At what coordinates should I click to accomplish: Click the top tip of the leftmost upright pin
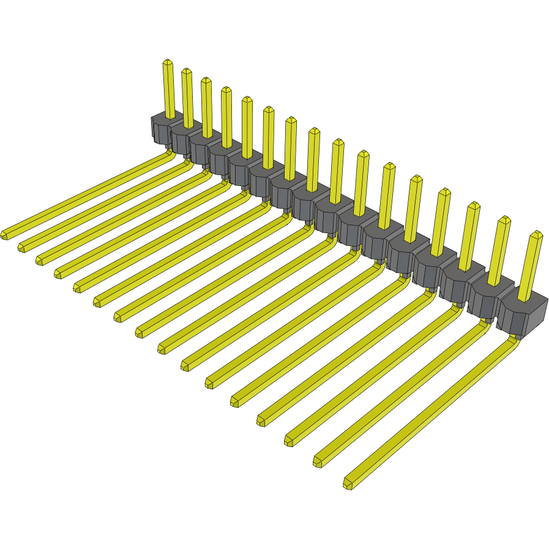(168, 62)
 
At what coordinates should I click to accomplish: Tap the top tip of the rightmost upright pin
(537, 234)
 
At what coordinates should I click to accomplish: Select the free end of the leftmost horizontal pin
(5, 234)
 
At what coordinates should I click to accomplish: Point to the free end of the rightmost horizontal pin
(348, 484)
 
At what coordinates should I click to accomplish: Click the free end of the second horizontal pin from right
(318, 461)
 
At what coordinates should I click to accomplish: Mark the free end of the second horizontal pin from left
(21, 247)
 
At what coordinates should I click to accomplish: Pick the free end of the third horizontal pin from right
(289, 440)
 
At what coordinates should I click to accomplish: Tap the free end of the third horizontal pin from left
(39, 260)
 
